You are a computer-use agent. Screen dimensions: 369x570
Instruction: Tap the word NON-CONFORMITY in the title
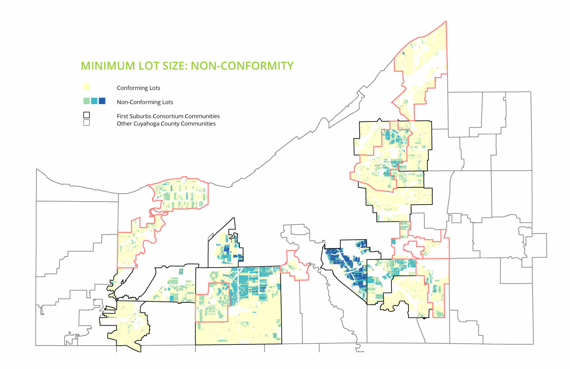242,66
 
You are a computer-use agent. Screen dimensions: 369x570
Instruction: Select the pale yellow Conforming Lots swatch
87,87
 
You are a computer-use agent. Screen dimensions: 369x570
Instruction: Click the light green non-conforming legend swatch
87,101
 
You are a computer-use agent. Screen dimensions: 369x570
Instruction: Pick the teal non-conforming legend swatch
94,101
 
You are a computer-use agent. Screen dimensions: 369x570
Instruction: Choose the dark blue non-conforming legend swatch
102,101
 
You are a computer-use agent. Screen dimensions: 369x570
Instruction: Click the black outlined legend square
87,115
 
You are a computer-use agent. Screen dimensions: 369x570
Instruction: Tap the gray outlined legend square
87,123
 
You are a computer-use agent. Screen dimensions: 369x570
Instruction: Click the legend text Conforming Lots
138,88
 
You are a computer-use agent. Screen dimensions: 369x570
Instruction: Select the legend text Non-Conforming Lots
145,102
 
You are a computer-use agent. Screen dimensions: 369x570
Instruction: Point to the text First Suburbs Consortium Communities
168,116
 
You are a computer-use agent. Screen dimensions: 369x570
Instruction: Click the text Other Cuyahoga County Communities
166,124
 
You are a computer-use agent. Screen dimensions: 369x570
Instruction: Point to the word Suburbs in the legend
141,116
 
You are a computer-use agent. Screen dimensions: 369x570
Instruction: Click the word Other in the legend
124,124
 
